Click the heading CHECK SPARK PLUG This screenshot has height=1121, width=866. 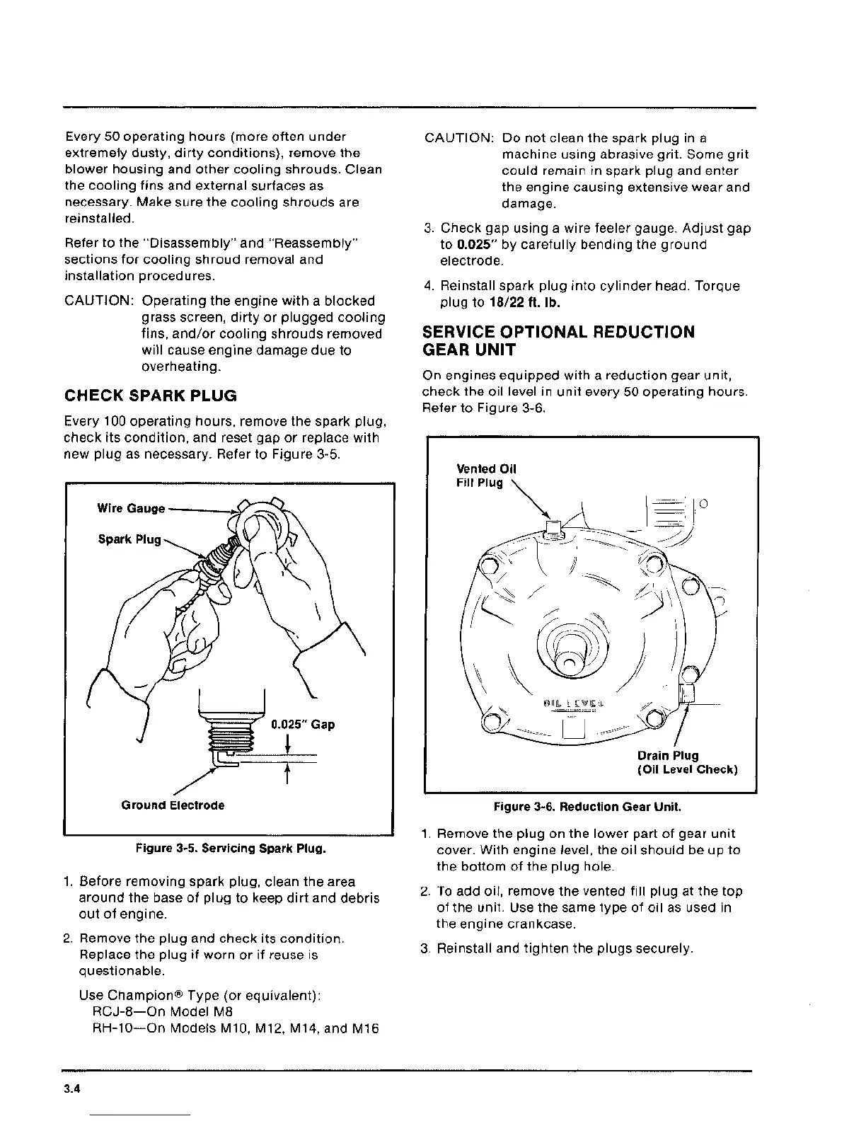(x=150, y=395)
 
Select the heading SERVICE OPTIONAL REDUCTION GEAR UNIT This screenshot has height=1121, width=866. (x=558, y=341)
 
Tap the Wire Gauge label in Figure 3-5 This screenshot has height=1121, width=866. (x=131, y=508)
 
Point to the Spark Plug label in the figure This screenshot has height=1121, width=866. (x=129, y=539)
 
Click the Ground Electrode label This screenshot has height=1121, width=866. (x=173, y=805)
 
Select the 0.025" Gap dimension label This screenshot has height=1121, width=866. (x=303, y=725)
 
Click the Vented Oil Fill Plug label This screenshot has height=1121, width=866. (x=487, y=476)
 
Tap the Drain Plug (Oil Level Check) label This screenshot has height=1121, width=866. (x=688, y=762)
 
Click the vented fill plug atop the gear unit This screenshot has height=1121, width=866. (x=555, y=529)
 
